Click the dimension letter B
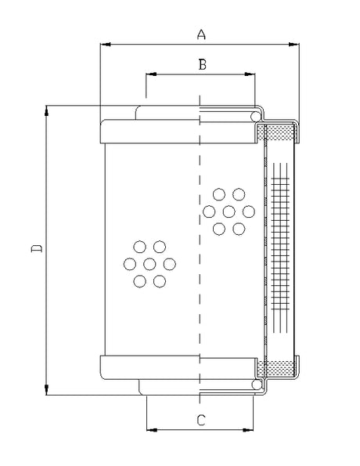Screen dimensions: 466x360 [x=201, y=65]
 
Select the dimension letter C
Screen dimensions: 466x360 [x=201, y=421]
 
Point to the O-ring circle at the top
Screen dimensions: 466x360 [x=255, y=116]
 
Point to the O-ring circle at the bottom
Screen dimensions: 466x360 [x=255, y=385]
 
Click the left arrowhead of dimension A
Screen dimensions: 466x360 [x=105, y=45]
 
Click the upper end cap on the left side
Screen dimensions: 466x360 [x=149, y=132]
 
